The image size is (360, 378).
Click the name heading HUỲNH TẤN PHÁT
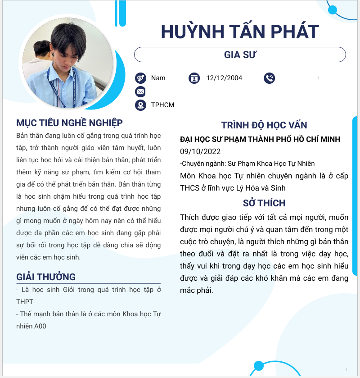[240, 32]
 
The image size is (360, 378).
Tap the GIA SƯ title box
[240, 55]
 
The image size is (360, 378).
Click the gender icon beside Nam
[140, 78]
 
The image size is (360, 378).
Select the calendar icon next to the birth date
[194, 78]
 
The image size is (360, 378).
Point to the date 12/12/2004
[224, 78]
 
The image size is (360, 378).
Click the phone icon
[269, 78]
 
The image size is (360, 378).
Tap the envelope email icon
[140, 92]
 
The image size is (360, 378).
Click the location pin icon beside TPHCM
[140, 105]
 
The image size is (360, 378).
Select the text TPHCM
[162, 105]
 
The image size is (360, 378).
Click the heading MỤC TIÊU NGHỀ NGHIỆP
[69, 123]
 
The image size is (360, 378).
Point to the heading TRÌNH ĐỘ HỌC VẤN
[264, 125]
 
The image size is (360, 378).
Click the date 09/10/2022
[200, 151]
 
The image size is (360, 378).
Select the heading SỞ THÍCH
[264, 203]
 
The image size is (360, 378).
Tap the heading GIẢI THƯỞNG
[46, 277]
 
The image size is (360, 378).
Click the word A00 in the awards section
[40, 326]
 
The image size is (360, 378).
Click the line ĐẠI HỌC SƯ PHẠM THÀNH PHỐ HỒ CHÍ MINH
[260, 140]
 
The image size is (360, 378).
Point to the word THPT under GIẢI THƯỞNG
[25, 302]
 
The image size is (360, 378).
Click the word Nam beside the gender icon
[158, 78]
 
